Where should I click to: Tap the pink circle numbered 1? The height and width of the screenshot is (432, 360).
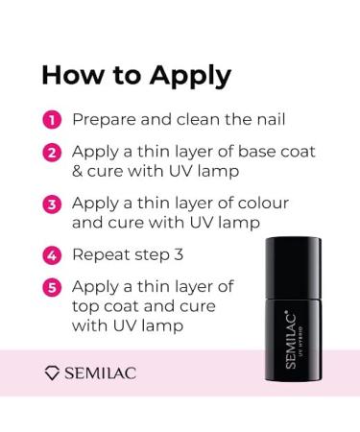point(53,121)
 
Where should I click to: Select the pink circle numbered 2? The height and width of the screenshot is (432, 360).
point(53,153)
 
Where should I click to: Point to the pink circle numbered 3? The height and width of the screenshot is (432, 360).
point(53,204)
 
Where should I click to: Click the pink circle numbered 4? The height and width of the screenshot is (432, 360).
point(53,256)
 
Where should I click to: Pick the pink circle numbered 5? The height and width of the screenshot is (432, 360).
point(53,286)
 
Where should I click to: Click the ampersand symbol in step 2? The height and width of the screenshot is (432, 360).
point(78,172)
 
